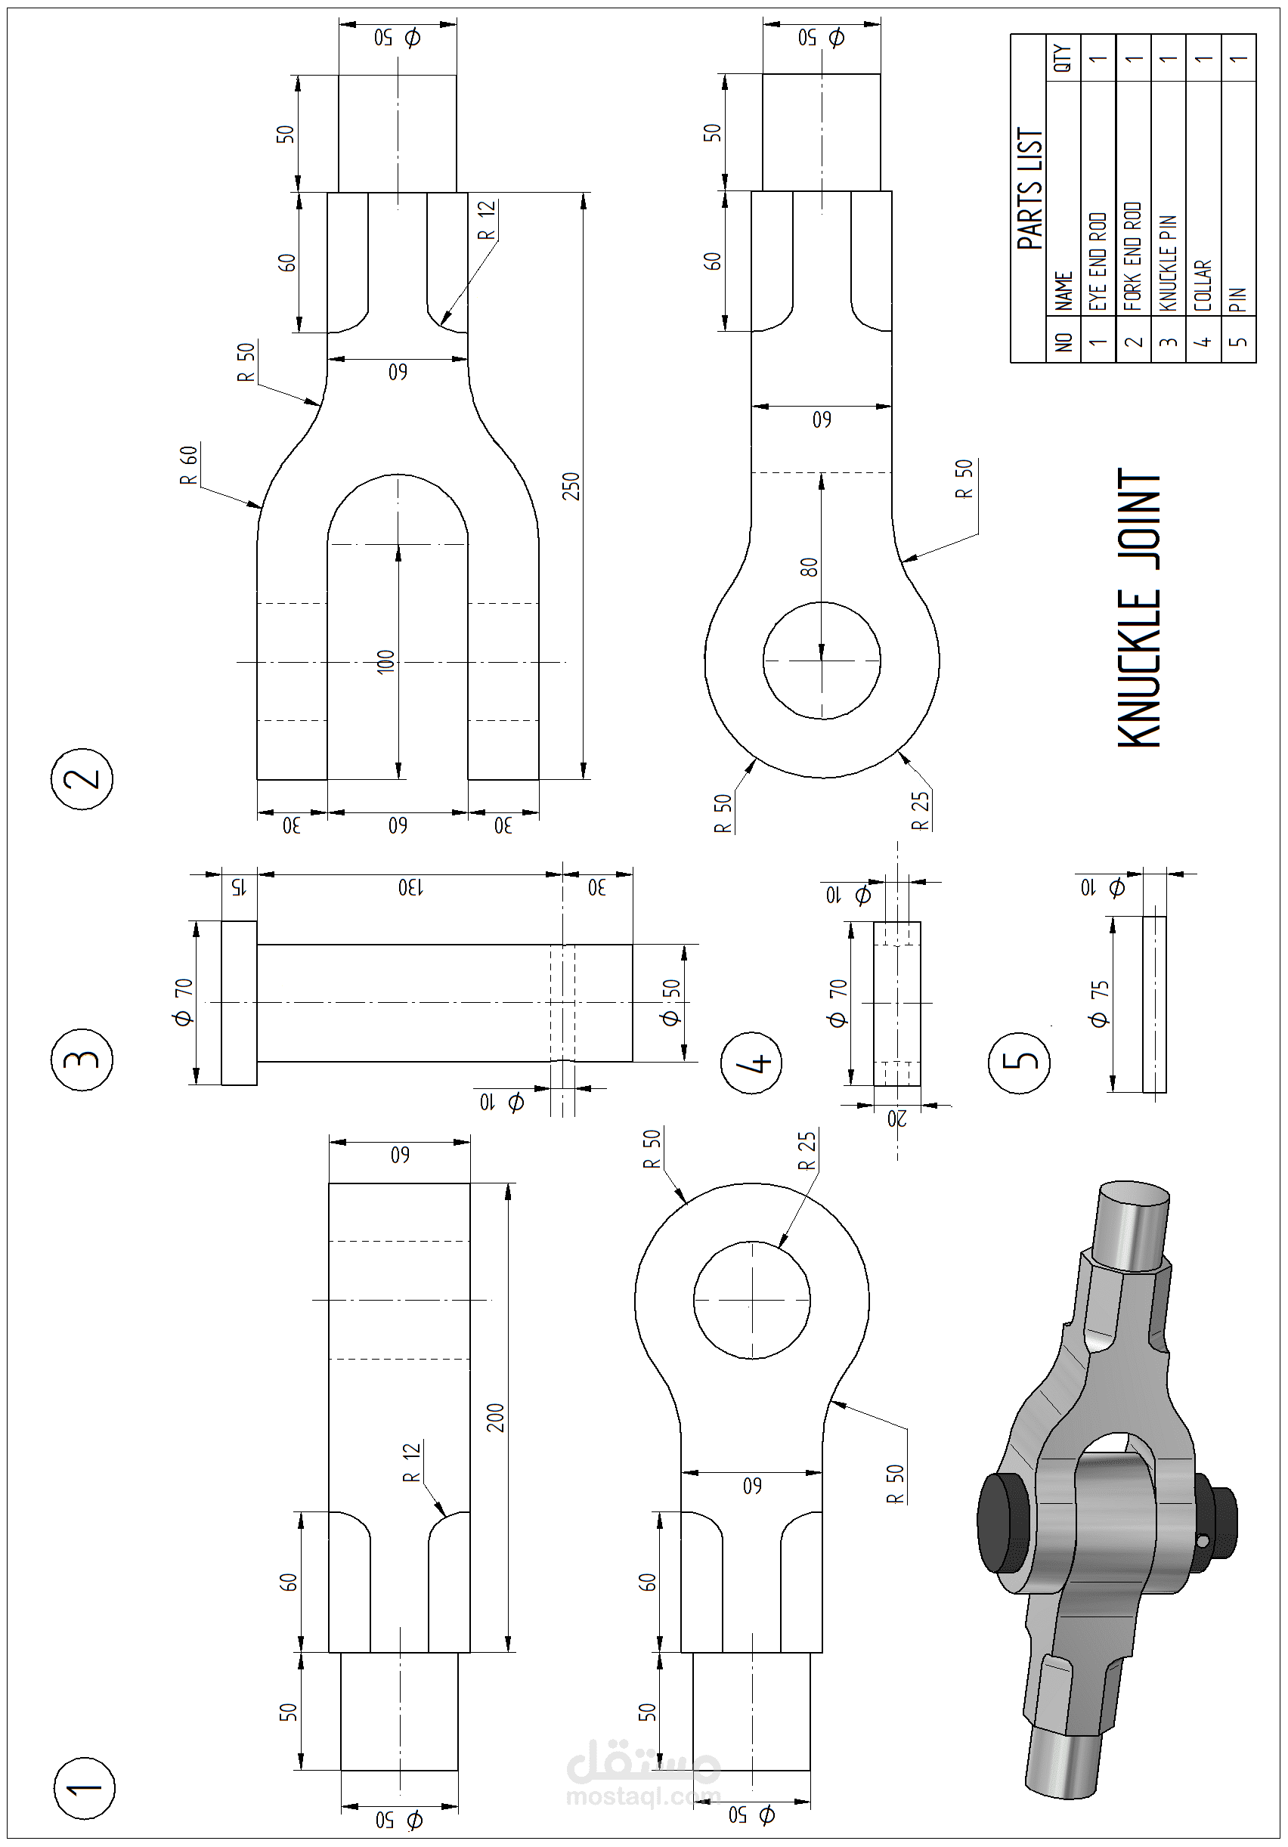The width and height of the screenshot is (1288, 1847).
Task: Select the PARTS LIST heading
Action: (1029, 188)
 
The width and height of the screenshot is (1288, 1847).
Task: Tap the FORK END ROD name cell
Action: (1133, 255)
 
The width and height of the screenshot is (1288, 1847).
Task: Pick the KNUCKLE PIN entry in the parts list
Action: (1168, 262)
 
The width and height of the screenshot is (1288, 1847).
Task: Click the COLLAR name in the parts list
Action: (1203, 285)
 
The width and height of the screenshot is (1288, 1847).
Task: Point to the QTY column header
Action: (1063, 58)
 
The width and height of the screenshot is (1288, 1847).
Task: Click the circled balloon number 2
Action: (83, 778)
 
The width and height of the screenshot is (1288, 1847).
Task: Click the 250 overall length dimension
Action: (571, 487)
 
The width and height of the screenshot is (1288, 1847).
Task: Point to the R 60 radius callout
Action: (189, 465)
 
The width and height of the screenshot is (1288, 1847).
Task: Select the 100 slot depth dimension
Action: (386, 661)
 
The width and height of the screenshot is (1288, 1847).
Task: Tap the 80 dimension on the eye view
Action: (810, 567)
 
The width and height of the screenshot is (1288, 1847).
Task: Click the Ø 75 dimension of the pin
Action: (1099, 1003)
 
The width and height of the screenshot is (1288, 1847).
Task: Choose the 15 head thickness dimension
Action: (237, 887)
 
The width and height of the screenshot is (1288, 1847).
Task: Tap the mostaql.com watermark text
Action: (642, 1796)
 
